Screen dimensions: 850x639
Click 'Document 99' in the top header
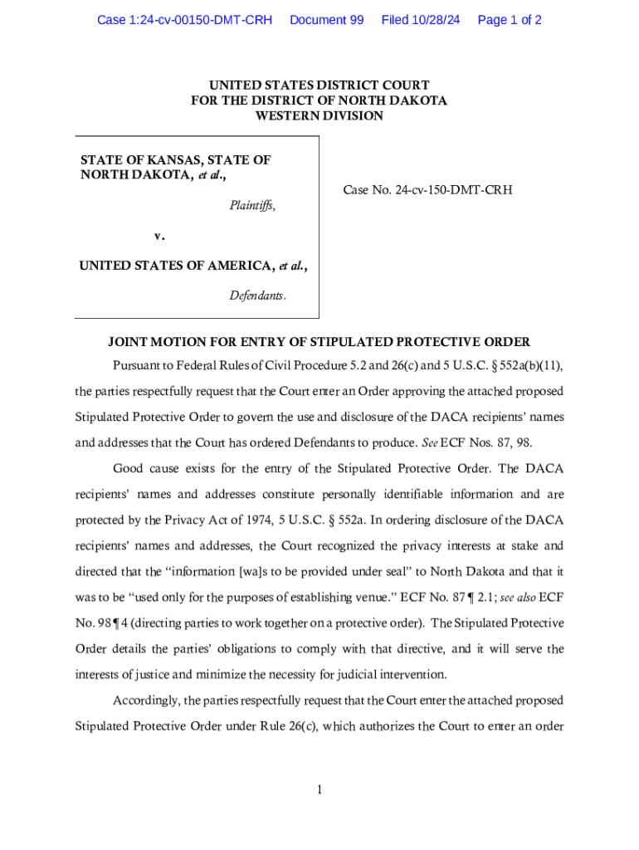pos(326,20)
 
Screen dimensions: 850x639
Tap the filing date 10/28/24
pos(435,20)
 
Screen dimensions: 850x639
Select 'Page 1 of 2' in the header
pos(510,20)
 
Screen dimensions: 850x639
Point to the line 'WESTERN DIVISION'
pos(319,116)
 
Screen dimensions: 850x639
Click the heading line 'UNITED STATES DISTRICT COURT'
pos(319,85)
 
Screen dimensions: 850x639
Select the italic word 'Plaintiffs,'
pos(252,206)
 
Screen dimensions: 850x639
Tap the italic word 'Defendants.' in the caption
pos(258,296)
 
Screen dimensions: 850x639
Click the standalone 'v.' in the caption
pos(159,236)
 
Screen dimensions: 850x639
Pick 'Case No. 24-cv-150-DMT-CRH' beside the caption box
pos(427,190)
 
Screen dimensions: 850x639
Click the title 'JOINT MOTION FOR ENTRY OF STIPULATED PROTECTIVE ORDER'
pos(319,342)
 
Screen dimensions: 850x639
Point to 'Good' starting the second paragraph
pos(128,469)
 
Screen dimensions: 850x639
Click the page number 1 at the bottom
pos(319,789)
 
